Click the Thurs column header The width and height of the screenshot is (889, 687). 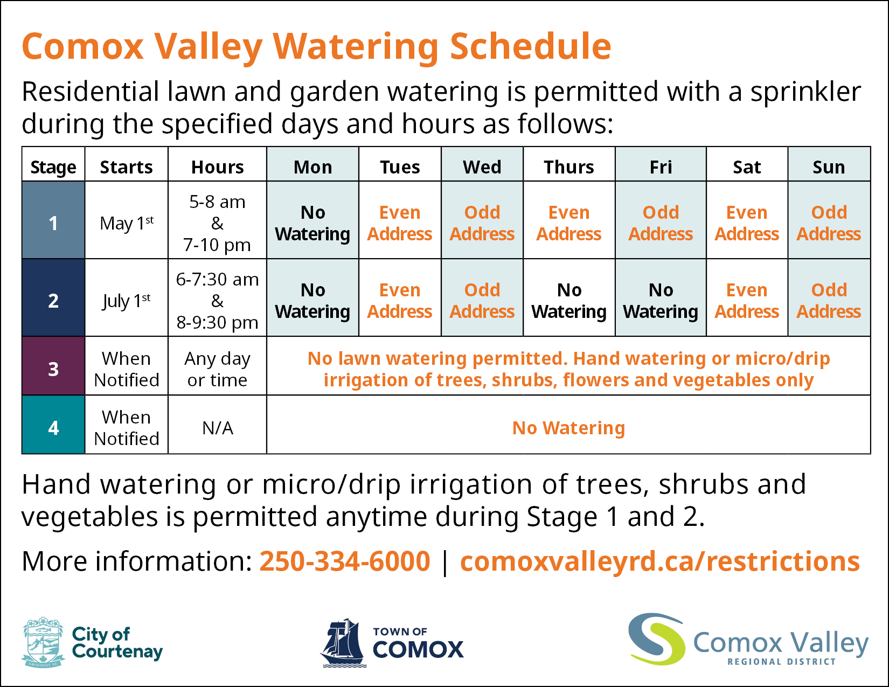coord(568,167)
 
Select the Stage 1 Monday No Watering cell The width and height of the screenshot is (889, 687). coord(312,223)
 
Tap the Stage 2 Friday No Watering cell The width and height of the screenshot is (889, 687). coord(661,300)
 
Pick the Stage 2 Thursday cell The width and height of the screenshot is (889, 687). coord(569,300)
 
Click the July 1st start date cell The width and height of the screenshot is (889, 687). coord(127,300)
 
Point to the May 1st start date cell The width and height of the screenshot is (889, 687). coord(127,223)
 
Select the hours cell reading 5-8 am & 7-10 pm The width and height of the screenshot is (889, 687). coord(217,223)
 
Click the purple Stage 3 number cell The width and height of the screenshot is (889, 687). coord(53,369)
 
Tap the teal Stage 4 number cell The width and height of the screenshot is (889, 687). coord(53,427)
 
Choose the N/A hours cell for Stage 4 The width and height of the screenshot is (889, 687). coord(217,428)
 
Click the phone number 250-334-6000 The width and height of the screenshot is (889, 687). coord(345,561)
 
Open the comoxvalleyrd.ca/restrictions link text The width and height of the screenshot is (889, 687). coord(659,561)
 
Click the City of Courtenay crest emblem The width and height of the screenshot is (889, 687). coord(43,642)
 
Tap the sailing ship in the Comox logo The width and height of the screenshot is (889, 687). coord(343,642)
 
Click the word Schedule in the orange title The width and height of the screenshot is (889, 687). coord(530,46)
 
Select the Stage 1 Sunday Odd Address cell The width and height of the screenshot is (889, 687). coord(829,223)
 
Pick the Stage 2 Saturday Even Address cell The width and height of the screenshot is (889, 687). coord(746,300)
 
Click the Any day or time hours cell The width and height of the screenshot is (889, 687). coord(217,369)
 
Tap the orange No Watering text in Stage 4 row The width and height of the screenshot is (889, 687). coord(568,428)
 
